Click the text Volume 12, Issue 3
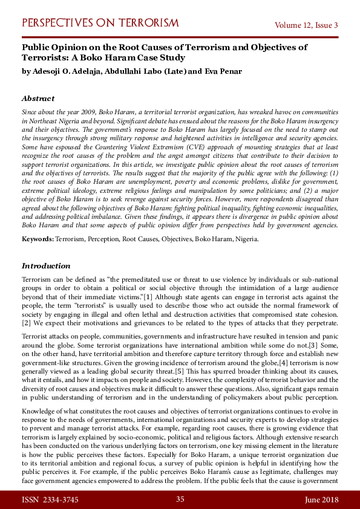306,25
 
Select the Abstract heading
38,98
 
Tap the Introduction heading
46,266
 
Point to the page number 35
180,499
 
